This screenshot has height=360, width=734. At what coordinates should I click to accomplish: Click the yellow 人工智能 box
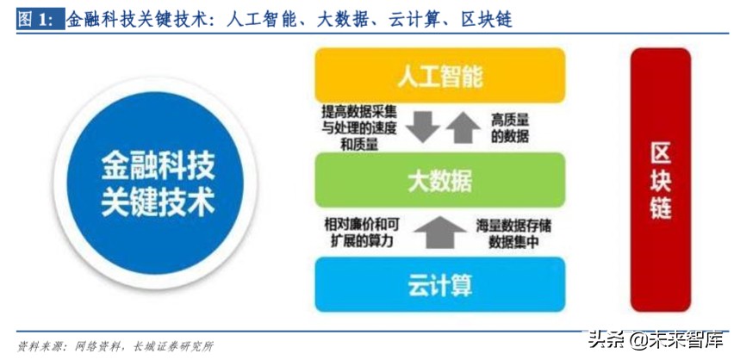click(439, 76)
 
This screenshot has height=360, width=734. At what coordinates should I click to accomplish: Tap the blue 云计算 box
click(439, 283)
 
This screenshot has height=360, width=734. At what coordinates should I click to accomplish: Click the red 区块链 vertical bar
click(661, 179)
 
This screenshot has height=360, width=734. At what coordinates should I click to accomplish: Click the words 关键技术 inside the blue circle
click(159, 203)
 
